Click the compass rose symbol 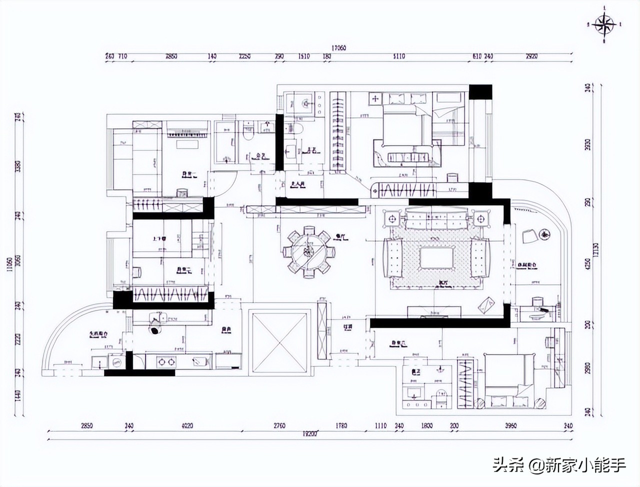pos(605,23)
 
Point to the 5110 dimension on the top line pos(398,57)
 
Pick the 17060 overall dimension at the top pos(338,48)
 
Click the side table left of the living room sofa pos(391,218)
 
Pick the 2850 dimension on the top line pos(171,57)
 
